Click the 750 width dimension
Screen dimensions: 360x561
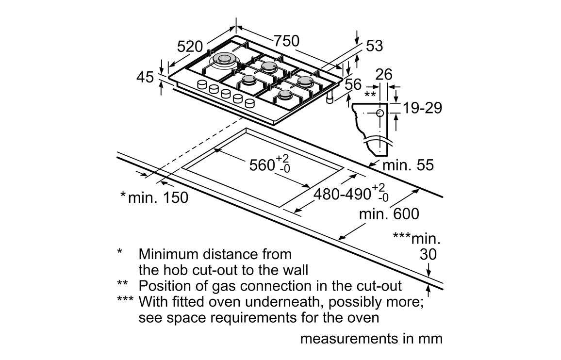coord(286,42)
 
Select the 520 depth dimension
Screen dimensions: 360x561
coord(190,47)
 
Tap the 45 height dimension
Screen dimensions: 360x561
coord(145,77)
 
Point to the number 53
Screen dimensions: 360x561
coord(374,46)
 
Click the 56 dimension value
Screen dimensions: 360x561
coord(353,84)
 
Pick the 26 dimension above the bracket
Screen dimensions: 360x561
coord(384,74)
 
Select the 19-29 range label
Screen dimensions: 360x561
coord(423,108)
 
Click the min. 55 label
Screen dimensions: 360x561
coord(408,165)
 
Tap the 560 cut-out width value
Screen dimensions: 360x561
coord(263,165)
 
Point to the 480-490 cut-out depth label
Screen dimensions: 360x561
coord(343,194)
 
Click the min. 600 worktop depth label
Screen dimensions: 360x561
coord(389,213)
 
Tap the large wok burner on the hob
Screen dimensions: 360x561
coord(225,61)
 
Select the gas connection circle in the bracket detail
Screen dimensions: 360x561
coord(379,113)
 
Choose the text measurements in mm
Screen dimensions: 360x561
coord(371,338)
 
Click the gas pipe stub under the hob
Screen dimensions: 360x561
coord(330,99)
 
